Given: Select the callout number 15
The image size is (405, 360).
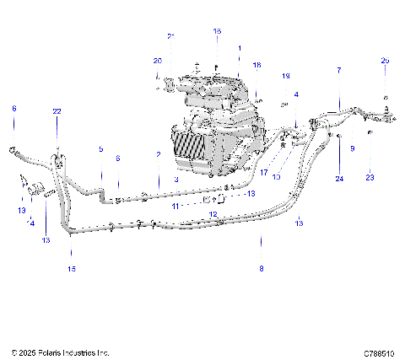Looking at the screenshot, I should click(72, 268).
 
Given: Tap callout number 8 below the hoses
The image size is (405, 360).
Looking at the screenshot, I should click(261, 268).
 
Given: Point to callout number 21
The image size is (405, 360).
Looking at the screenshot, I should click(170, 36).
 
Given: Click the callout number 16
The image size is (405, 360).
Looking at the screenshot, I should click(217, 31).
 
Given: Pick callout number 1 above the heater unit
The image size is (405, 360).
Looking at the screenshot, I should click(240, 48).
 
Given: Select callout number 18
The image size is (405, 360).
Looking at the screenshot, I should click(257, 65).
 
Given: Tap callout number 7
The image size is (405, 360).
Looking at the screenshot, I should click(339, 70).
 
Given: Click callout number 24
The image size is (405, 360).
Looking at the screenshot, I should click(339, 179).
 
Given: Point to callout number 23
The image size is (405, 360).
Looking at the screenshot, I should click(370, 179).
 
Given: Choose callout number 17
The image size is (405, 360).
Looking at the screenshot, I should click(263, 172).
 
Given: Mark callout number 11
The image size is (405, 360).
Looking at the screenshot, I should click(175, 206).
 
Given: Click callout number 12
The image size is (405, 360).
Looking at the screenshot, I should click(213, 215).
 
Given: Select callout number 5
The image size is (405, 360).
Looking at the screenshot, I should click(100, 149).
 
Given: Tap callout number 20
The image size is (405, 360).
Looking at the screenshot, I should click(157, 61).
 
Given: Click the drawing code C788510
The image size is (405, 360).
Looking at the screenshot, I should click(380, 352).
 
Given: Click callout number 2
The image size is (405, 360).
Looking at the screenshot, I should click(158, 154).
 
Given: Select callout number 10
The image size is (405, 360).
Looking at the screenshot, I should click(276, 178).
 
